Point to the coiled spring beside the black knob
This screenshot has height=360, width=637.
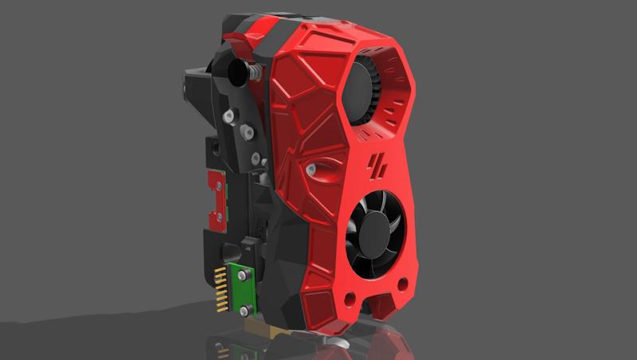click(x=254, y=72)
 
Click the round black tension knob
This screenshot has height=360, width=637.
click(x=238, y=72)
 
